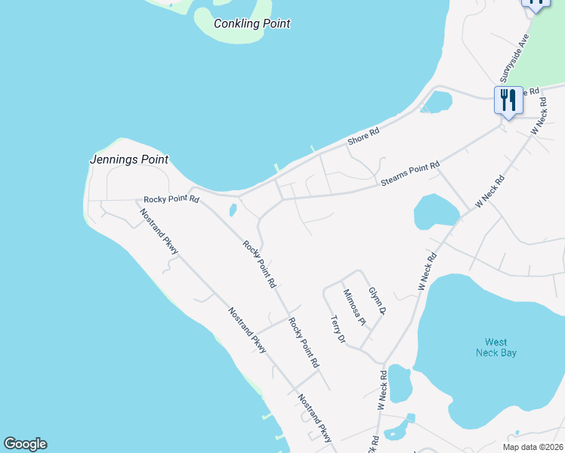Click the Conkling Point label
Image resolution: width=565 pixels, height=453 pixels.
click(252, 23)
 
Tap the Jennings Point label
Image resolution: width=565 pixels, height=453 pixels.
click(128, 160)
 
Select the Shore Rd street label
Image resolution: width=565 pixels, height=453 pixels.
click(363, 137)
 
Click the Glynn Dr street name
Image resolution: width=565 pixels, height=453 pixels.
click(377, 300)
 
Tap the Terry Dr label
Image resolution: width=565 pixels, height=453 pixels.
click(337, 329)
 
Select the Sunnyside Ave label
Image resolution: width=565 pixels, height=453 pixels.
click(516, 57)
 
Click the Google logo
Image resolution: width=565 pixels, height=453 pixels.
click(25, 444)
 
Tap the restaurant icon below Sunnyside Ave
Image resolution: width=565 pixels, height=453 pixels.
click(508, 100)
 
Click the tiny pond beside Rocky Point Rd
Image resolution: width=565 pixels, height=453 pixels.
click(233, 209)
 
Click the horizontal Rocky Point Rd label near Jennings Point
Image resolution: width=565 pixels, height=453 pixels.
click(171, 200)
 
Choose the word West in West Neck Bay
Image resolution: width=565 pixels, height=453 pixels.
click(496, 341)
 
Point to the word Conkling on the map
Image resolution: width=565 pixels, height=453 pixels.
click(237, 23)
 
